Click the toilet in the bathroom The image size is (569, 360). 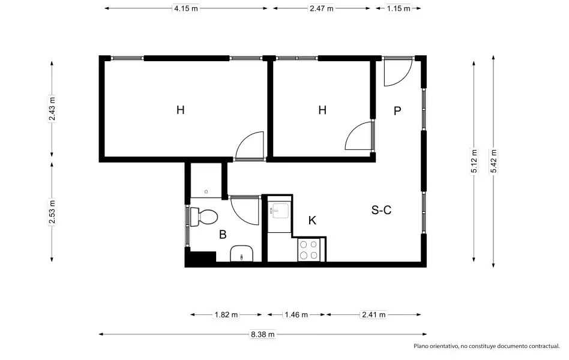[x=203, y=217]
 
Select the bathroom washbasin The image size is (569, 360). [x=241, y=253]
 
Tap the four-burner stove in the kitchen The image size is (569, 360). [x=309, y=250]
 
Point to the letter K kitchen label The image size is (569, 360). [x=312, y=220]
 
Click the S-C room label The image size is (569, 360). [x=381, y=210]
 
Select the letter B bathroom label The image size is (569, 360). [x=223, y=235]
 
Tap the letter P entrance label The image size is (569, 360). [x=397, y=110]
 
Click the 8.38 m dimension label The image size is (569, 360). [x=263, y=334]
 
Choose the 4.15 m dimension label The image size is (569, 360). [x=186, y=8]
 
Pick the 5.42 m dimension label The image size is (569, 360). [x=493, y=161]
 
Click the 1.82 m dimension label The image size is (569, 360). [x=226, y=314]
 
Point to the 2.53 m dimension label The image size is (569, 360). [x=52, y=212]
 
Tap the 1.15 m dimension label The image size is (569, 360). [x=399, y=8]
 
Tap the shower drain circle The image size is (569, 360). [x=206, y=191]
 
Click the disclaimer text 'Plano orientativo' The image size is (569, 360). [x=436, y=346]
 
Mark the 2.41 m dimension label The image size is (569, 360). [x=374, y=314]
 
